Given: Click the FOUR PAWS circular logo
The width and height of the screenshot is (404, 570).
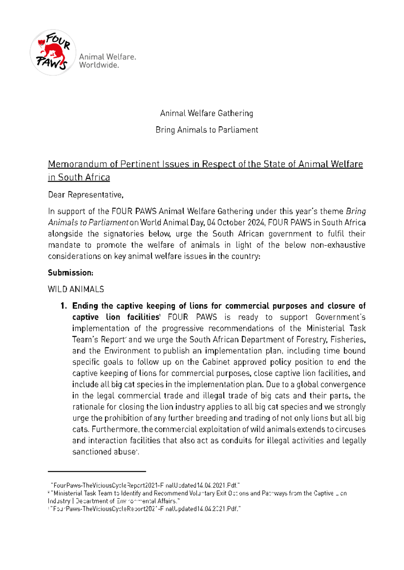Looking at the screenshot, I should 53,52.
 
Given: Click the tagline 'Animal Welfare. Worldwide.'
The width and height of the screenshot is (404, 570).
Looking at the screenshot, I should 107,61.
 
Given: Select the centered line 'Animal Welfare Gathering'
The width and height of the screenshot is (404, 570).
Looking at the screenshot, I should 206,113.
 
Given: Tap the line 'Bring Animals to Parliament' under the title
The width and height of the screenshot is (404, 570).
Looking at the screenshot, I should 206,130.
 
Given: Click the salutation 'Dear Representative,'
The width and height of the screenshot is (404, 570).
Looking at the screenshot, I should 86,195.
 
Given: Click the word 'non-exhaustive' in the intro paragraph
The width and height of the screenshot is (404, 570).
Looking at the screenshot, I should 338,245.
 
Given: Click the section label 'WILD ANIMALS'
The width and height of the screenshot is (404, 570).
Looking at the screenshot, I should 76,289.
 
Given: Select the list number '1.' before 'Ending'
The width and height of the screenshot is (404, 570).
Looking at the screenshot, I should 64,306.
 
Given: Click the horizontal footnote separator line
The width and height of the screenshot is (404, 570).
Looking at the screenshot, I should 97,472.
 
